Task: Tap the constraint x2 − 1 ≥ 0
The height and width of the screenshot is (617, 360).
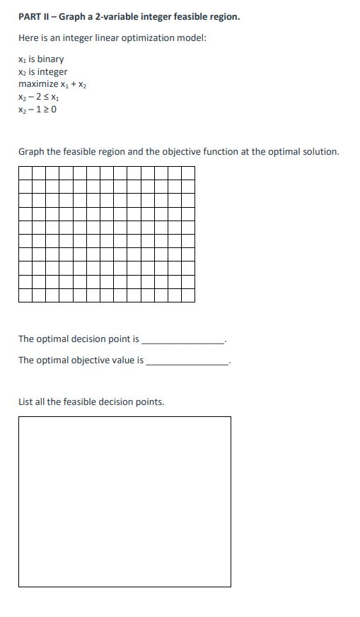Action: click(x=37, y=110)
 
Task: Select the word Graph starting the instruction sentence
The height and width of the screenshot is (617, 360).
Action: click(x=31, y=151)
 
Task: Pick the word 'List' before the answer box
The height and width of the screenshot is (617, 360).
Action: click(x=26, y=401)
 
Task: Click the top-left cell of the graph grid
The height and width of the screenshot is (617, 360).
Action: click(x=25, y=173)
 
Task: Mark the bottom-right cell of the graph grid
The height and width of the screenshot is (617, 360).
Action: click(x=187, y=295)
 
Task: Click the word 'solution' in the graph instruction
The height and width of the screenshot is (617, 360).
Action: click(x=320, y=151)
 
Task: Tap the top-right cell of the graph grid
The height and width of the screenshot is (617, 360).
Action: click(x=187, y=173)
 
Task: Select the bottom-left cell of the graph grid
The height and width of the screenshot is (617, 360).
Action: click(x=25, y=295)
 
